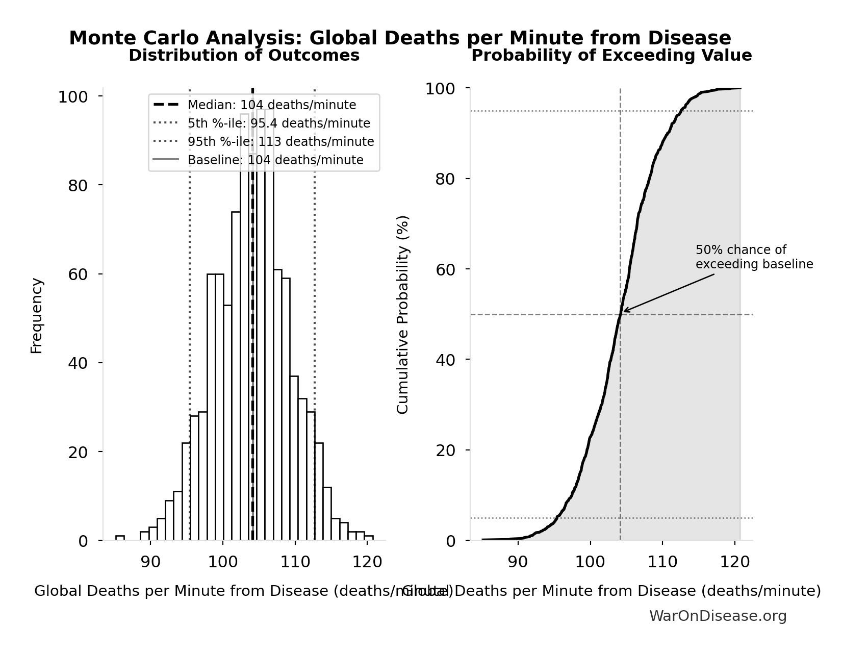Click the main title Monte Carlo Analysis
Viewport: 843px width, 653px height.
[x=400, y=38]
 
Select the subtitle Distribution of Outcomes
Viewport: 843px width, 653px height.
[x=244, y=56]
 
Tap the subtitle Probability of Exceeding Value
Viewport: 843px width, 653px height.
[x=611, y=56]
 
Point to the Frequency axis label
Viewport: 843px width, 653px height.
[x=37, y=315]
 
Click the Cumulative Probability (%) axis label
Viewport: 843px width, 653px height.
[x=403, y=315]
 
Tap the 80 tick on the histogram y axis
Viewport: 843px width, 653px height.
[x=78, y=186]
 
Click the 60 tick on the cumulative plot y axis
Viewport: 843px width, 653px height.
[x=446, y=269]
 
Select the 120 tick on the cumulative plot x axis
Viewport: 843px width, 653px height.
[x=734, y=562]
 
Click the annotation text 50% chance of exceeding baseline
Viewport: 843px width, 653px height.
[x=754, y=257]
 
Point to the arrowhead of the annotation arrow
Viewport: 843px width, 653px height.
[x=624, y=311]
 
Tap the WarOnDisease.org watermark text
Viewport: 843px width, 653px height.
[x=718, y=616]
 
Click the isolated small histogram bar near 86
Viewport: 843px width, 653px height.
[x=120, y=538]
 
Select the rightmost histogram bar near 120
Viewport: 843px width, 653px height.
[x=369, y=538]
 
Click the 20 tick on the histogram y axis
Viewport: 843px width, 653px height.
[x=78, y=453]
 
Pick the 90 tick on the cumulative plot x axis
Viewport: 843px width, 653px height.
[x=518, y=562]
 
